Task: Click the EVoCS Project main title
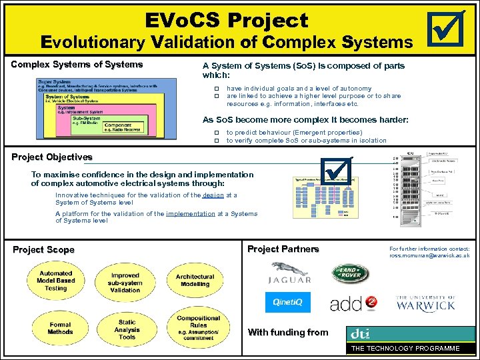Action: tap(227, 20)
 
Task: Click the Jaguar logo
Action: tap(289, 273)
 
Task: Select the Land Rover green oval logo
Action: tap(351, 273)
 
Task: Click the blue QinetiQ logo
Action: tap(287, 302)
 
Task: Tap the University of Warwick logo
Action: tap(425, 304)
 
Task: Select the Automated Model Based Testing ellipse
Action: tap(56, 281)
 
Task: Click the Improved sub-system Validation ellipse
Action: tap(125, 282)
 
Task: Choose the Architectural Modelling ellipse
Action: tap(195, 281)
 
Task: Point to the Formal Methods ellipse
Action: tap(60, 328)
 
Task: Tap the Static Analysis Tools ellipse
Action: tap(127, 329)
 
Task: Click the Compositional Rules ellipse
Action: tap(199, 327)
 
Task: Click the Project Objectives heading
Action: tap(52, 157)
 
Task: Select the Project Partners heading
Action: tap(283, 249)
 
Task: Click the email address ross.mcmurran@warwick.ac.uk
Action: tap(429, 255)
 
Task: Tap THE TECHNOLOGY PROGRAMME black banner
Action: tap(405, 349)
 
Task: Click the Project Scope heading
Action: tap(44, 250)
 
